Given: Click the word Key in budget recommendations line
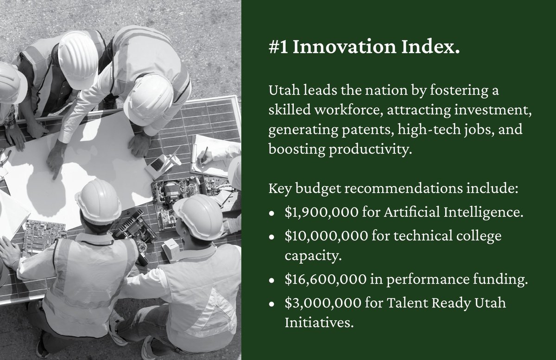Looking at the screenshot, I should pos(277,190).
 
